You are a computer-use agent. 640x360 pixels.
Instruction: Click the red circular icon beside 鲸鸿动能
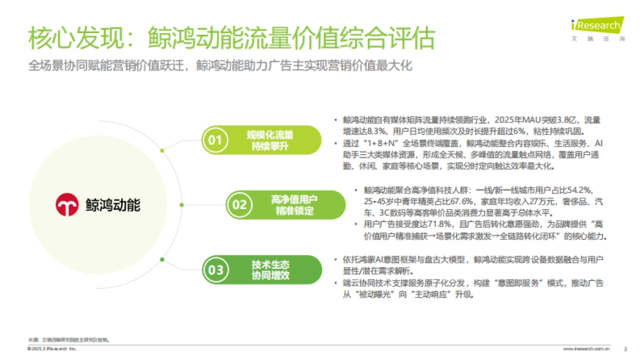(x=67, y=204)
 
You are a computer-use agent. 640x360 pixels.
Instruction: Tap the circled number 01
(x=214, y=140)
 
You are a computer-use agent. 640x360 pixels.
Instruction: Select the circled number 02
(x=239, y=205)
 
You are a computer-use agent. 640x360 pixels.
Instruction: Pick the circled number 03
(x=215, y=270)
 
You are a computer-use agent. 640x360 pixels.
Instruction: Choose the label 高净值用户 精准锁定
(x=294, y=205)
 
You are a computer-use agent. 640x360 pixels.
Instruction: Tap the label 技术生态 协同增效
(x=271, y=270)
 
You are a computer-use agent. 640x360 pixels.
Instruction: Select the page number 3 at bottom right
(x=625, y=349)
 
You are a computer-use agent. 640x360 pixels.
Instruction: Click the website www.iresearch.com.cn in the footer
(x=587, y=349)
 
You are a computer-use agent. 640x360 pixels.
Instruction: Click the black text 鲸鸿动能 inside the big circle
(x=113, y=204)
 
